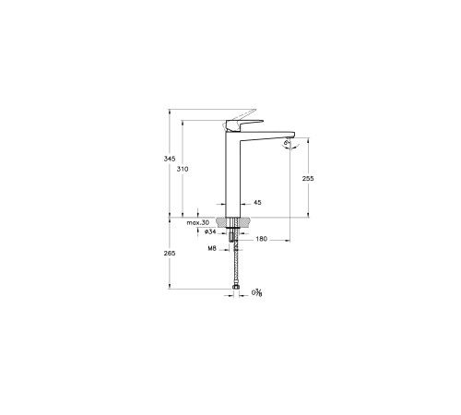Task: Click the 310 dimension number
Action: coord(182,171)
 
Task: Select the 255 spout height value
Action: coord(309,179)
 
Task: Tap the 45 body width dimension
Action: coord(256,202)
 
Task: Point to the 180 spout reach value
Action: coord(261,240)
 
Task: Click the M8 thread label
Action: coord(211,248)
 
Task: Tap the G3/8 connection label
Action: coord(257,293)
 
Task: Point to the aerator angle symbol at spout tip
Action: coord(287,143)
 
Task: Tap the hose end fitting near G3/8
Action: coord(236,290)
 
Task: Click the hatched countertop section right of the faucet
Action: coord(246,223)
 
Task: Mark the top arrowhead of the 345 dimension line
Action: coord(170,112)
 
